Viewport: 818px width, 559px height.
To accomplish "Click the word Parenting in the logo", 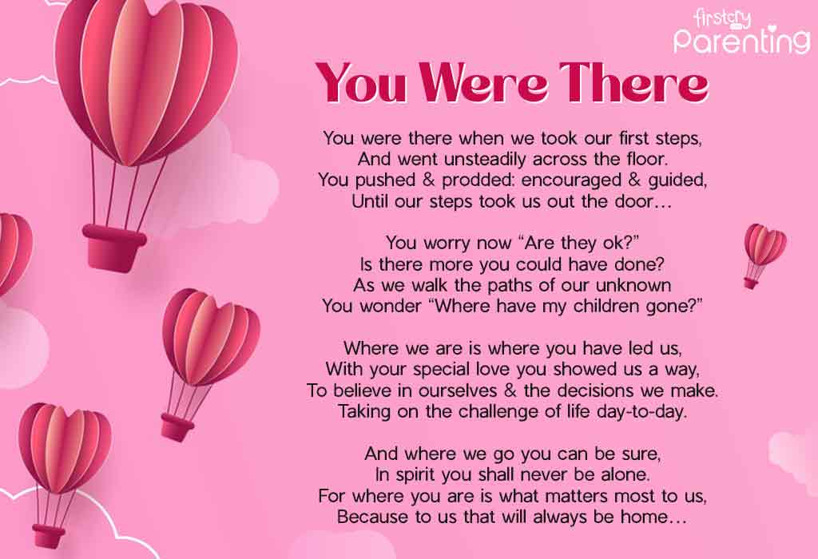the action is [x=741, y=40].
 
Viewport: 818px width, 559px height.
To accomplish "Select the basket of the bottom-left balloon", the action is [x=49, y=536].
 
